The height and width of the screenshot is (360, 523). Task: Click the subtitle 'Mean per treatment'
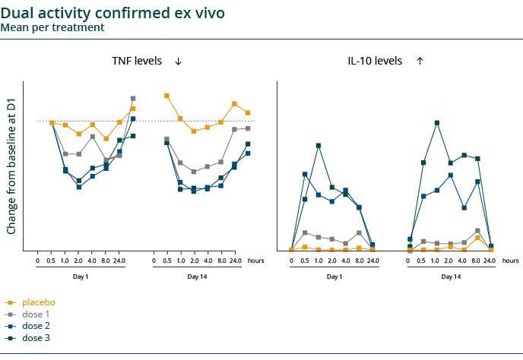click(52, 27)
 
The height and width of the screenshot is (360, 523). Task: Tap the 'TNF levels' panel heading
click(137, 61)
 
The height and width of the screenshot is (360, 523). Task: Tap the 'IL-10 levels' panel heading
click(374, 61)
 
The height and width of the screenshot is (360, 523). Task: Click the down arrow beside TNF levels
click(178, 62)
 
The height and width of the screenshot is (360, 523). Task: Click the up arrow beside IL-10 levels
click(420, 62)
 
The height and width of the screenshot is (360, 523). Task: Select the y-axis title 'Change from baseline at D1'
click(11, 166)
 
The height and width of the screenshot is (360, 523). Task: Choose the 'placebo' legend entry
click(38, 302)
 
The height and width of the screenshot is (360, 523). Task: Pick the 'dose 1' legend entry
click(36, 314)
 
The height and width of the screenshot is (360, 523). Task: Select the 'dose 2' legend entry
click(36, 326)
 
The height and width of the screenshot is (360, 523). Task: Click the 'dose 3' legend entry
click(36, 338)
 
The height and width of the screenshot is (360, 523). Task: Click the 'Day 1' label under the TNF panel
click(81, 276)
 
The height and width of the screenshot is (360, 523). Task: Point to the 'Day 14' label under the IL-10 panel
click(451, 276)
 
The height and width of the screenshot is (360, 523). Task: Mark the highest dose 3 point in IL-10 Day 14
click(436, 122)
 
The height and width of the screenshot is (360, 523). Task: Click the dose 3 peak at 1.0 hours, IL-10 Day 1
click(319, 145)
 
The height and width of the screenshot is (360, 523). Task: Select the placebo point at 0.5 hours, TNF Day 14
click(166, 96)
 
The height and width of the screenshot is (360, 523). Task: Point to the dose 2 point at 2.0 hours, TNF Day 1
click(78, 187)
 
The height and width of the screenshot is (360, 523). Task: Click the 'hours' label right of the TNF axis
click(255, 261)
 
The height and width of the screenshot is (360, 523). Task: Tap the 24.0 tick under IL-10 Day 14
click(490, 261)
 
